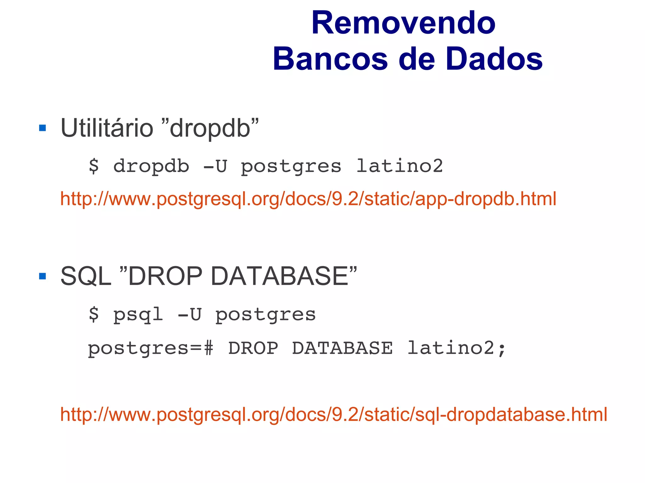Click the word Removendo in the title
(403, 24)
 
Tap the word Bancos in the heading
(330, 59)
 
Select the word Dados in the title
(494, 59)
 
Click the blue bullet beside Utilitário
(42, 128)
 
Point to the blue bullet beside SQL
(42, 276)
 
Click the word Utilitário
(107, 128)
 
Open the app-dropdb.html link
(308, 199)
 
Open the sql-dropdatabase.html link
(334, 414)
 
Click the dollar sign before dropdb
(94, 166)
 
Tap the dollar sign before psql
(94, 314)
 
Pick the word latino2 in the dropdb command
(399, 166)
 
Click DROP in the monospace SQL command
(253, 348)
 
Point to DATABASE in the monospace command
(342, 348)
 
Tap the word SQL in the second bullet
(86, 276)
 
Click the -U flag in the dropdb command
(215, 166)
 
